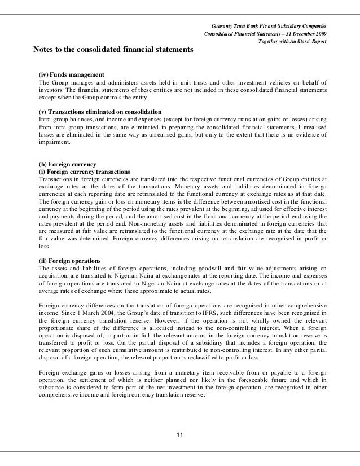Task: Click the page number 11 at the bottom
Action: point(180,433)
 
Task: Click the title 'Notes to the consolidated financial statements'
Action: point(113,50)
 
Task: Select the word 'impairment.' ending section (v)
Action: point(54,143)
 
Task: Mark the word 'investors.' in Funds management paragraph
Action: point(51,90)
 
